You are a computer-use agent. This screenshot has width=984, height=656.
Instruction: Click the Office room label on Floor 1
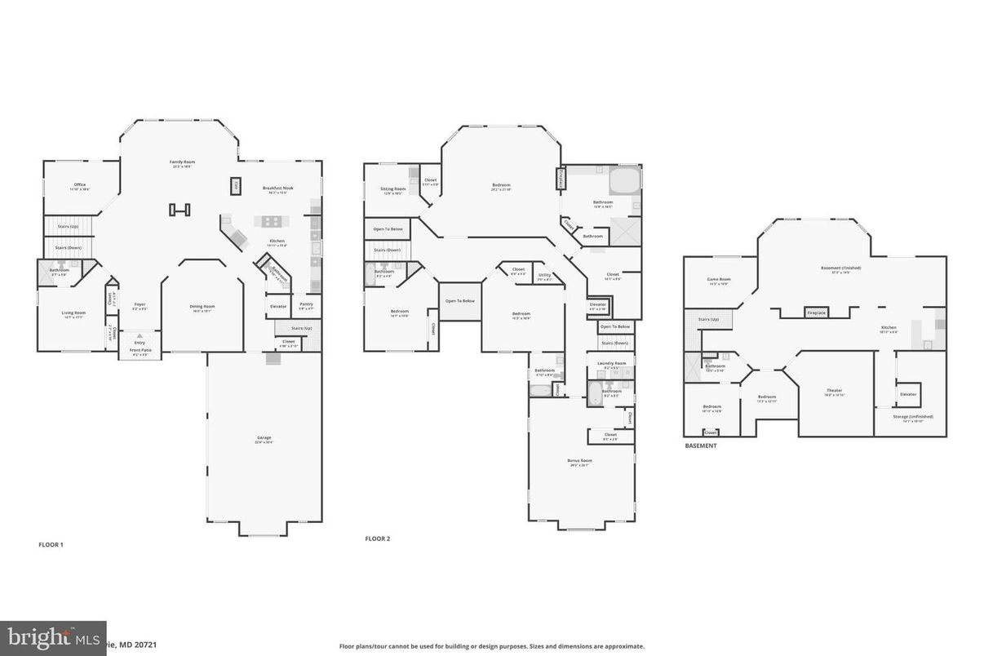[x=80, y=184]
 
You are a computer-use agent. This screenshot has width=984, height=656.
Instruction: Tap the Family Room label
[x=182, y=162]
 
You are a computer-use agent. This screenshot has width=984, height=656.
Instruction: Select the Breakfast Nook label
[x=277, y=188]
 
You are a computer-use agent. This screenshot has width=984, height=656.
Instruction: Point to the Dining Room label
[x=202, y=307]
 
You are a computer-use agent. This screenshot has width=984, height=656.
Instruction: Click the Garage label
[x=264, y=438]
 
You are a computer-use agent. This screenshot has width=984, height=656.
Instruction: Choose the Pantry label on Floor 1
[x=306, y=306]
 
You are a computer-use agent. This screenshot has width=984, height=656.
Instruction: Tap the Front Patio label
[x=140, y=351]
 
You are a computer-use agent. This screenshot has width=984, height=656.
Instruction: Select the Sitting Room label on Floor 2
[x=392, y=189]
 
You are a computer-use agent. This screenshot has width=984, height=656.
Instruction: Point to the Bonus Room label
[x=580, y=461]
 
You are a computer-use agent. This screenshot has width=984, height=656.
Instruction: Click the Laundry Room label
[x=611, y=363]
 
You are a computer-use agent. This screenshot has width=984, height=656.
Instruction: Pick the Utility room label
[x=545, y=275]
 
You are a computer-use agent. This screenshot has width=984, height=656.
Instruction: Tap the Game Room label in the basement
[x=718, y=280]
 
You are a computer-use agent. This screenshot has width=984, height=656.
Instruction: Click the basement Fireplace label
[x=815, y=312]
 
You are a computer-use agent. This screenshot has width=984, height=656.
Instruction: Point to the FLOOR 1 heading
[x=51, y=544]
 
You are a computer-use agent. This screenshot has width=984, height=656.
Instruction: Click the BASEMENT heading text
[x=700, y=446]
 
